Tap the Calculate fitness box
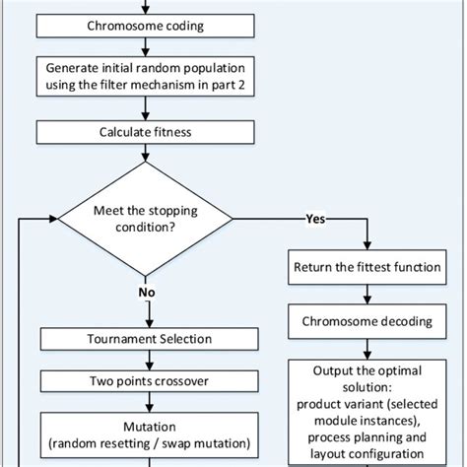146,131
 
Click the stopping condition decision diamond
146,218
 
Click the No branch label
146,293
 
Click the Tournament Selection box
146,340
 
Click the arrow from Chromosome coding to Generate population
146,49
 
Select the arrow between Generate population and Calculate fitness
146,108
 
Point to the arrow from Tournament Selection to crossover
146,359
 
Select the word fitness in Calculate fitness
169,131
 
